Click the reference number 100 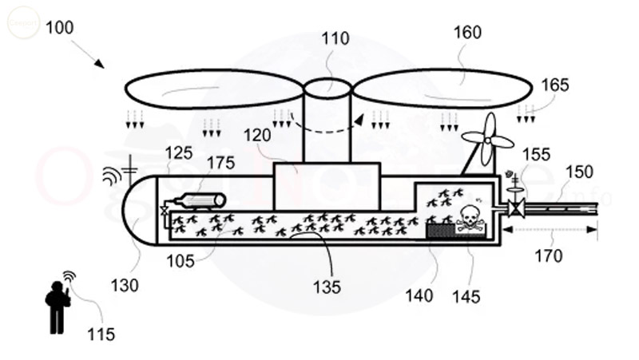[60, 27]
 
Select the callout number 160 [467, 34]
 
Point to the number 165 [557, 85]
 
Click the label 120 [259, 136]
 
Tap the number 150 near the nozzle [581, 172]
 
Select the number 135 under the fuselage [327, 285]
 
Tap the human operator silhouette [58, 306]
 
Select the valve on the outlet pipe [517, 209]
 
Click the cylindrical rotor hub [327, 120]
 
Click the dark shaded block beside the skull [439, 230]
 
